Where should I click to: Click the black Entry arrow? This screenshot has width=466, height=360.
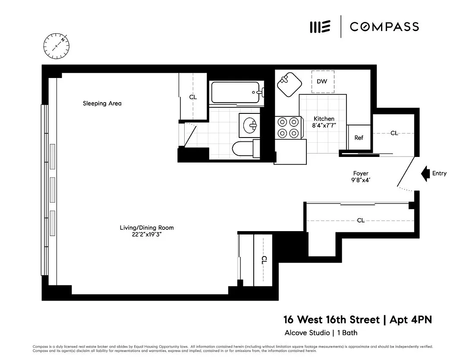(x=425, y=173)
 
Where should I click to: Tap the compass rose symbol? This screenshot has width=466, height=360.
(x=57, y=46)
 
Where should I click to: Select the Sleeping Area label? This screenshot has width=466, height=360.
(x=102, y=103)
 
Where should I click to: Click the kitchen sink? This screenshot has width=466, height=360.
(x=289, y=85)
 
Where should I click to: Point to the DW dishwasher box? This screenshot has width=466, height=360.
(x=322, y=81)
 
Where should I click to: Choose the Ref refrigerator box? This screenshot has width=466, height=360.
(x=359, y=137)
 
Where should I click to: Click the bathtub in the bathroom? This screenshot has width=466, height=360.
(x=237, y=92)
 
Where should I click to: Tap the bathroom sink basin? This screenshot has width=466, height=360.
(x=250, y=125)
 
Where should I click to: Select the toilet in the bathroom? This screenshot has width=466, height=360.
(x=246, y=148)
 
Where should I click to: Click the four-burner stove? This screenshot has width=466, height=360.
(x=288, y=128)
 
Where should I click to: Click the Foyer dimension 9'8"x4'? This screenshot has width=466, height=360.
(x=360, y=180)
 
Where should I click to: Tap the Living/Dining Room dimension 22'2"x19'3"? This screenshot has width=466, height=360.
(x=147, y=235)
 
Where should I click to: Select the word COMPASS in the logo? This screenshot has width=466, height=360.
(x=384, y=27)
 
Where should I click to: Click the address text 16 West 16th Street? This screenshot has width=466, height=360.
(x=331, y=319)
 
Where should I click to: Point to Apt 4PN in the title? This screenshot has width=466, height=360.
(x=411, y=319)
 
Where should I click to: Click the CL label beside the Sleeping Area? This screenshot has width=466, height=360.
(x=193, y=97)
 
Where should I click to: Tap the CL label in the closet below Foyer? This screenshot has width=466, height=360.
(x=360, y=220)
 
